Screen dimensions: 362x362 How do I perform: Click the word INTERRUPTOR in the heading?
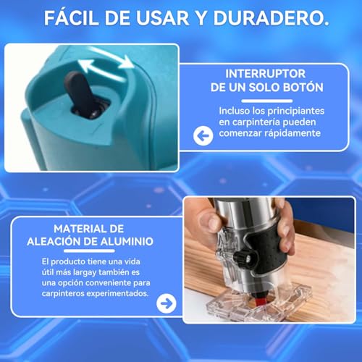[x=264, y=74]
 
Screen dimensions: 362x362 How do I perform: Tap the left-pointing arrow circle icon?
[x=203, y=135]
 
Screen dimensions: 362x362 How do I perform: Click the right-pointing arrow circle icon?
[x=167, y=303]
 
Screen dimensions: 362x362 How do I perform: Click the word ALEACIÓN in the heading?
[x=58, y=240]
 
